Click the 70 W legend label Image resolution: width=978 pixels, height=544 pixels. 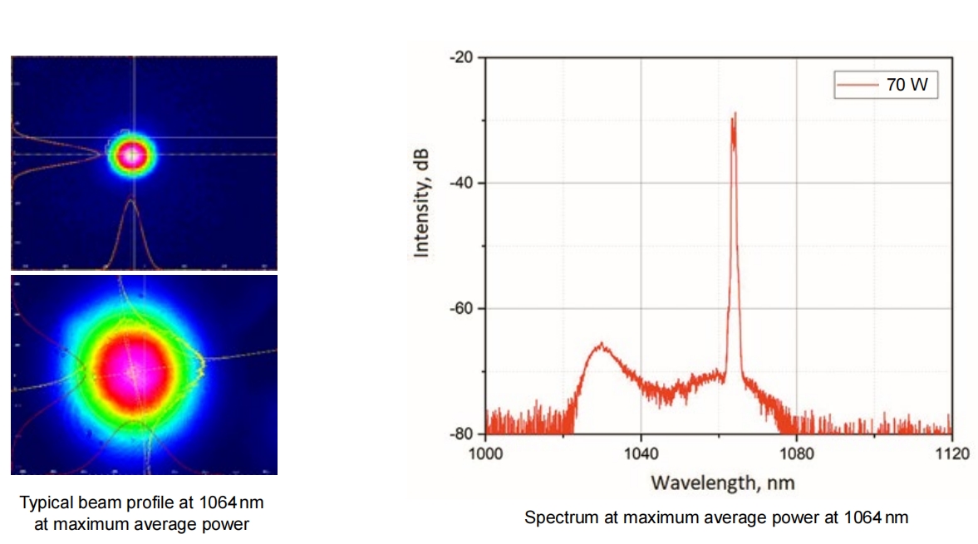tap(907, 84)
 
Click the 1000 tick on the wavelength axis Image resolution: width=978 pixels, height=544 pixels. tap(486, 453)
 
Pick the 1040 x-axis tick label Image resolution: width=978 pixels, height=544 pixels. tap(641, 453)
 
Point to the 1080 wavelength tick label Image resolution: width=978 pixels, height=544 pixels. tap(796, 453)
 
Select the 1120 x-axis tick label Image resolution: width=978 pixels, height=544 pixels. tap(951, 453)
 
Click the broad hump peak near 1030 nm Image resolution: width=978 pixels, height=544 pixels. tap(600, 343)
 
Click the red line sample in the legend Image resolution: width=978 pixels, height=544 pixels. tap(857, 84)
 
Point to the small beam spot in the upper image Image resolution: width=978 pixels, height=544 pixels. tap(131, 154)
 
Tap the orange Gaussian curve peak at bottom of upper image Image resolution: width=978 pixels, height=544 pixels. tap(130, 200)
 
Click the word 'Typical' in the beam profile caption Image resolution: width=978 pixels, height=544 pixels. tap(43, 502)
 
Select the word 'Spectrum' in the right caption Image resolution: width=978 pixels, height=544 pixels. tap(553, 517)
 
